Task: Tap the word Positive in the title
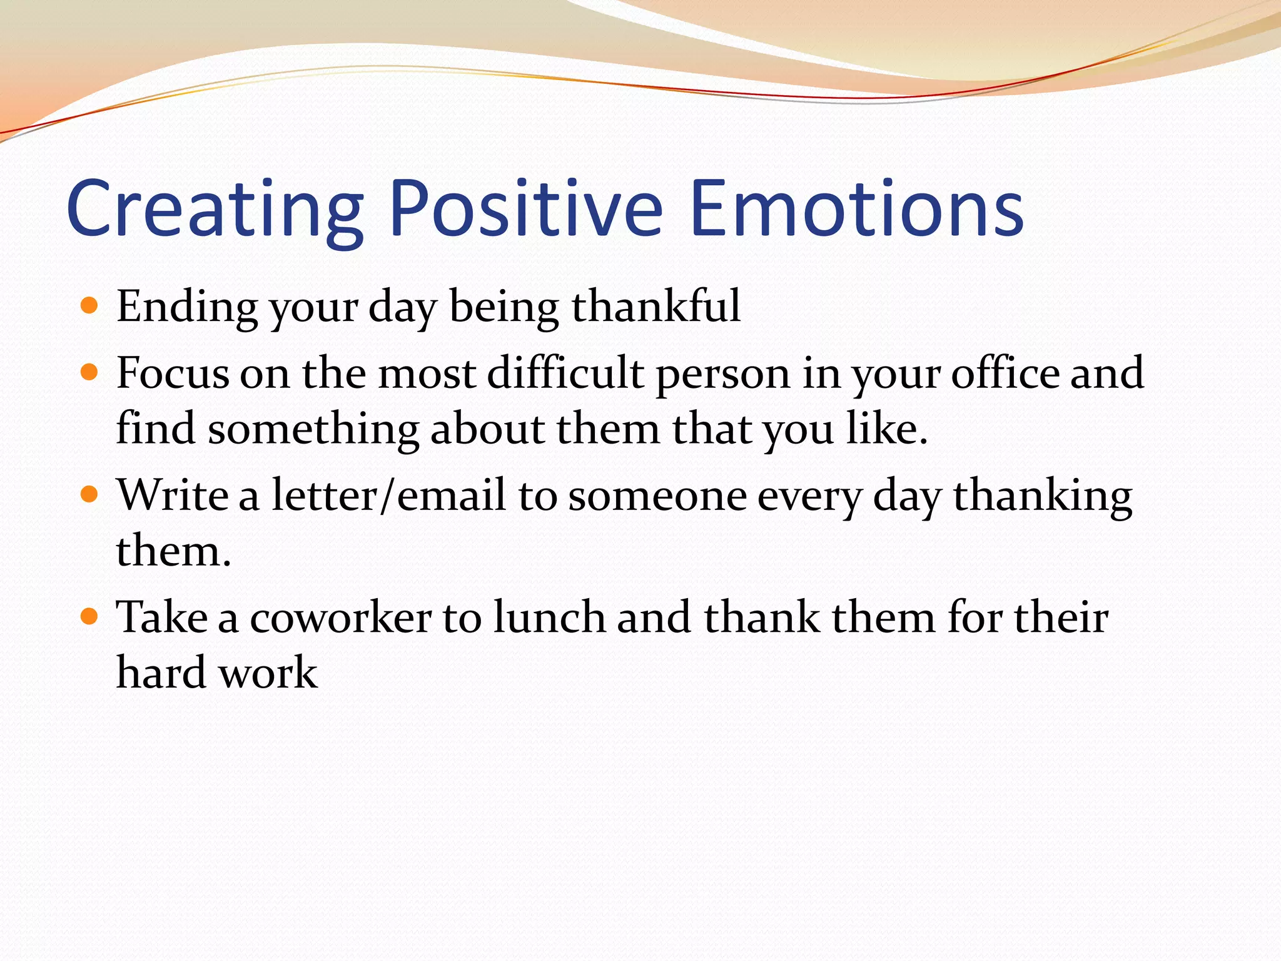pyautogui.click(x=525, y=208)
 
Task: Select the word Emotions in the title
pyautogui.click(x=857, y=208)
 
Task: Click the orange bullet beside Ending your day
pyautogui.click(x=90, y=306)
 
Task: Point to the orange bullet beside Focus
pyautogui.click(x=90, y=373)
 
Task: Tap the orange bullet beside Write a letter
pyautogui.click(x=90, y=495)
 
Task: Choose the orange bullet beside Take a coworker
pyautogui.click(x=90, y=617)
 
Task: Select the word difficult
pyautogui.click(x=565, y=373)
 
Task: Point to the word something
pyautogui.click(x=313, y=430)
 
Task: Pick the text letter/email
pyautogui.click(x=388, y=495)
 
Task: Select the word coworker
pyautogui.click(x=341, y=618)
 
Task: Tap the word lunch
pyautogui.click(x=549, y=617)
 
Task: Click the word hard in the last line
pyautogui.click(x=161, y=673)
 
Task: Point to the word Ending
pyautogui.click(x=187, y=307)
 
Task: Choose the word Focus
pyautogui.click(x=173, y=373)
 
